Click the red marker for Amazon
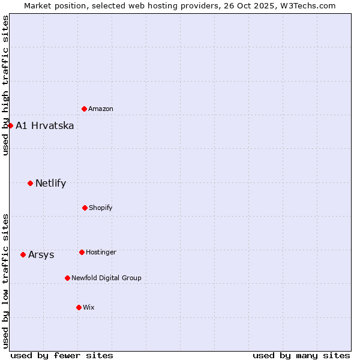85,109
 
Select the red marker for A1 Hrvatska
10,125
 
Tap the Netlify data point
30,183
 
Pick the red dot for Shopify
85,208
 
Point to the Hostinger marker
82,252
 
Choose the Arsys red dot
23,254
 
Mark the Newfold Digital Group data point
67,278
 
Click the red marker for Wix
79,307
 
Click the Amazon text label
101,109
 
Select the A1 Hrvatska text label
45,126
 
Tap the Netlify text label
51,184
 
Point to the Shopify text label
101,208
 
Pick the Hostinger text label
101,253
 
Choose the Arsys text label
41,255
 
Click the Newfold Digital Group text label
107,278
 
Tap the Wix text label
89,308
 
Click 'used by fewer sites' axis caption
62,355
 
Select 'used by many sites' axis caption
301,355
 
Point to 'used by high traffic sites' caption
5,85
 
